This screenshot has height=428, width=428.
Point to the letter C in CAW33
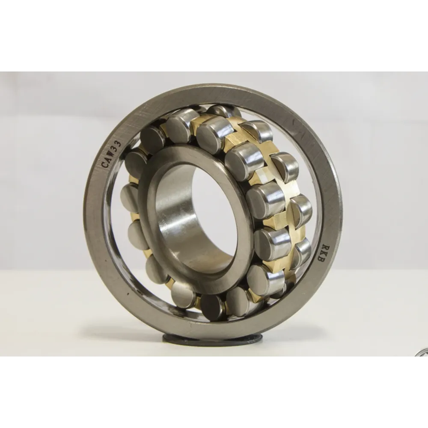click(x=105, y=165)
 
